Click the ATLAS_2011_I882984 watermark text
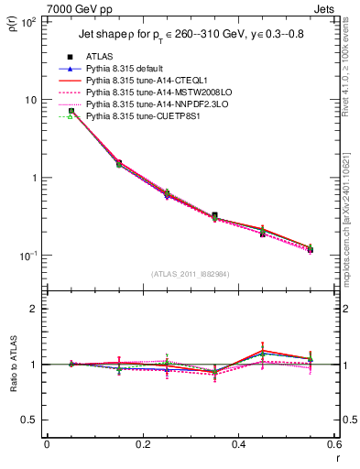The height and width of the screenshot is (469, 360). [191, 273]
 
